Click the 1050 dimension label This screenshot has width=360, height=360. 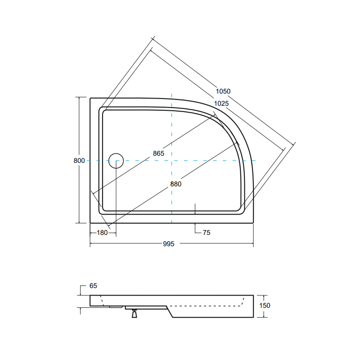coord(222,91)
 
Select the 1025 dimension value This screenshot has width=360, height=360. coord(221,103)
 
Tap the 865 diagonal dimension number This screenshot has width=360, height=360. coord(158,153)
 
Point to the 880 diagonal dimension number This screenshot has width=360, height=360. coord(176,184)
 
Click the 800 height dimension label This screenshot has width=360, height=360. coord(79,161)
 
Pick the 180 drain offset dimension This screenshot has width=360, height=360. coord(103,233)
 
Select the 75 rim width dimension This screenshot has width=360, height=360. coord(207,233)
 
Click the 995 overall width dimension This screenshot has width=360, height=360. coord(168,244)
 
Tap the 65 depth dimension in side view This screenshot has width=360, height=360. coord(93,286)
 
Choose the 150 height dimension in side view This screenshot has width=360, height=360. coord(265,306)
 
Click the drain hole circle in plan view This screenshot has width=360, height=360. coord(116,161)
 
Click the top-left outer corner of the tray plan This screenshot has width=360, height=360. coord(90,98)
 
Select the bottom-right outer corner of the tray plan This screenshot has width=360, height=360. coord(253,223)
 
